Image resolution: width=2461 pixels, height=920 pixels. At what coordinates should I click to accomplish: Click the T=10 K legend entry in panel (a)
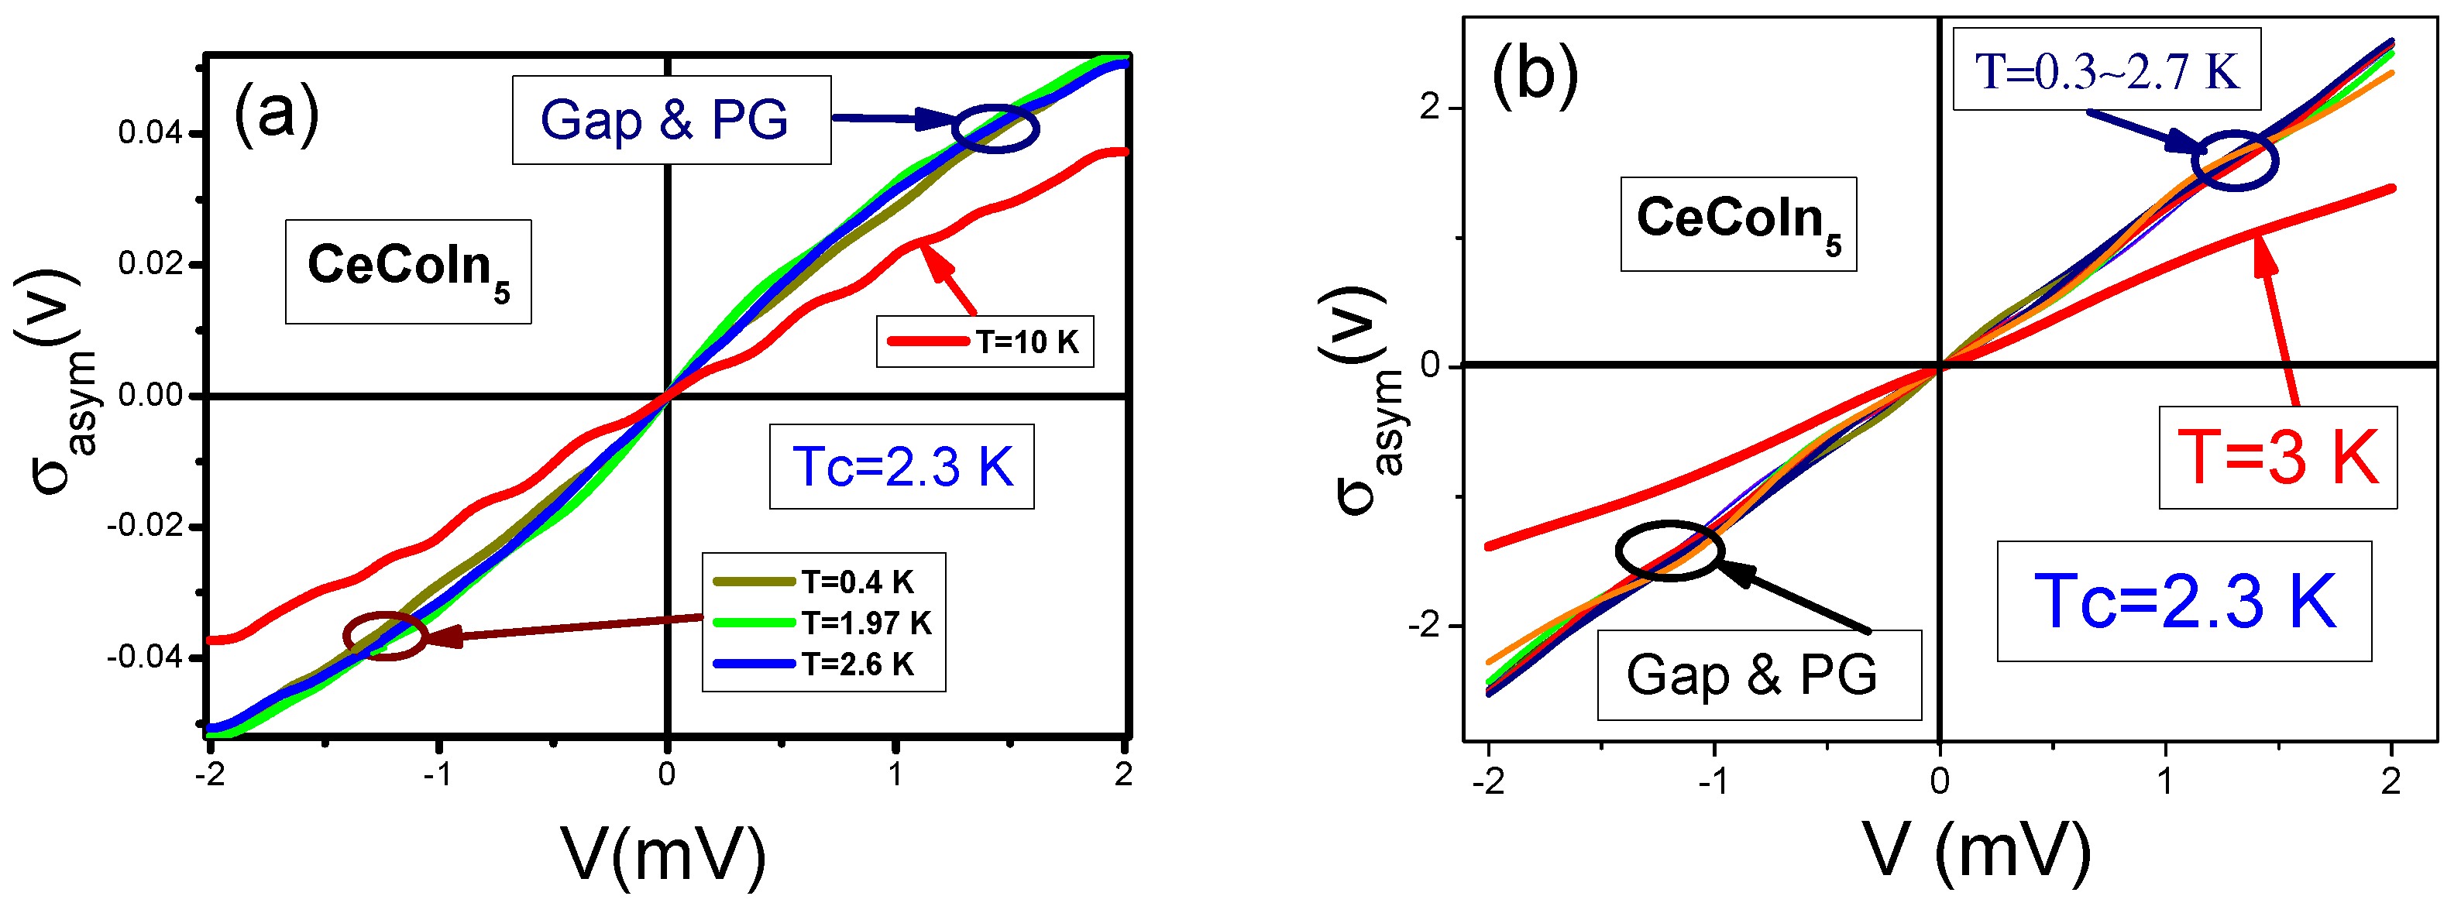click(984, 341)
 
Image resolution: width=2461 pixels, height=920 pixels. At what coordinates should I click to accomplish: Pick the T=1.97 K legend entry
click(823, 623)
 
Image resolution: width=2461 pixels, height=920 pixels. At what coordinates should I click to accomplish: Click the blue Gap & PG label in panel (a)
click(666, 120)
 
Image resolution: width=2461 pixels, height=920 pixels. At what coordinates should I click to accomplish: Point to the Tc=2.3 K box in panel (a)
click(902, 467)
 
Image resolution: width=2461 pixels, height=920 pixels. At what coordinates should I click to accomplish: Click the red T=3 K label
click(2277, 458)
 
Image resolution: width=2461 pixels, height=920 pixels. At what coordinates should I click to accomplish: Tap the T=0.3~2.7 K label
click(2106, 70)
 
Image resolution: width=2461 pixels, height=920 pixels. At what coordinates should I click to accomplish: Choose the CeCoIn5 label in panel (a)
click(408, 271)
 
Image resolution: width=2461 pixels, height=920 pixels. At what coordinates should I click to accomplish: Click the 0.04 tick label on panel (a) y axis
click(150, 132)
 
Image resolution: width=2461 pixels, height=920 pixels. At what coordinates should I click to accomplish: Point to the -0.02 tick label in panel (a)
click(145, 527)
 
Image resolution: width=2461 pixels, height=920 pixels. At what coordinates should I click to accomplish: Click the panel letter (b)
click(1535, 74)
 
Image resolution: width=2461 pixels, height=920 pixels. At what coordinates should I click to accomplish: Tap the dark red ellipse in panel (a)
click(385, 635)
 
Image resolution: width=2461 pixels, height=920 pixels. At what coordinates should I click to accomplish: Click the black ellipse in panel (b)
click(1669, 551)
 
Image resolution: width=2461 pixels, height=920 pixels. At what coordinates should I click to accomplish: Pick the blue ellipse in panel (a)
click(995, 128)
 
